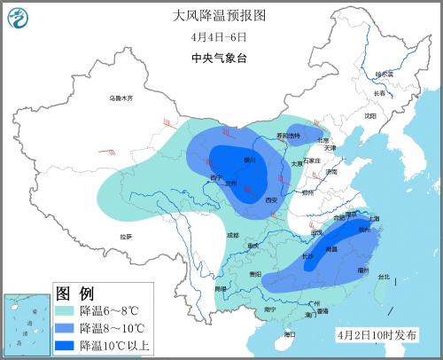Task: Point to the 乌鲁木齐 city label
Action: (x=120, y=98)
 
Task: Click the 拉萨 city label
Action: (x=126, y=236)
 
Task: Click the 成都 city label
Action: (x=232, y=234)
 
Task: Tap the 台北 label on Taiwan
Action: (x=383, y=277)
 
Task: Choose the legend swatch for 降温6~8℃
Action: (x=66, y=311)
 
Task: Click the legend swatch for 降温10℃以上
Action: (x=66, y=345)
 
